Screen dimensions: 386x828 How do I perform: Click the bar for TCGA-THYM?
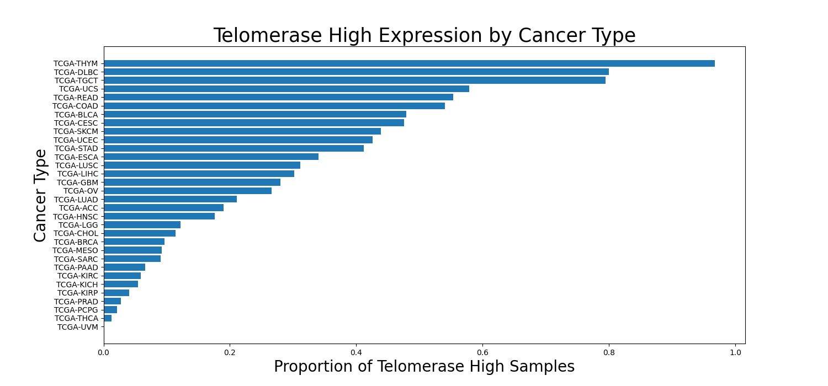tap(408, 63)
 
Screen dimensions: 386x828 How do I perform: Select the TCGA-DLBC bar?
tap(356, 72)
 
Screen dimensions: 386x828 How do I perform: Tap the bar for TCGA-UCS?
tap(286, 89)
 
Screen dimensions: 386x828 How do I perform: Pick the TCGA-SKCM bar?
tap(242, 131)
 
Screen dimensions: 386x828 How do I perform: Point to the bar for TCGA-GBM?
tap(192, 183)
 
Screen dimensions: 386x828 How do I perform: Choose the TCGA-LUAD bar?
tap(170, 199)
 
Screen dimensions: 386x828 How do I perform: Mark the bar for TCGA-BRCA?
tap(134, 242)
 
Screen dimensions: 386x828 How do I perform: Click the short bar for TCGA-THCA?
tap(108, 318)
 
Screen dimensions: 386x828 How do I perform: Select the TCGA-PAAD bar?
tap(124, 267)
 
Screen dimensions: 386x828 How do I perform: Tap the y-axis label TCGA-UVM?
tap(77, 327)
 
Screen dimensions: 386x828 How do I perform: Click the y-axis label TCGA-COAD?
tap(75, 106)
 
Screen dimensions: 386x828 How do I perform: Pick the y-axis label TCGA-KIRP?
tap(77, 293)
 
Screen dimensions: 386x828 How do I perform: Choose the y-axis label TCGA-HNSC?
tap(75, 217)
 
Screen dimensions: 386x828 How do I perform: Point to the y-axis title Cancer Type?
tap(40, 195)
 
